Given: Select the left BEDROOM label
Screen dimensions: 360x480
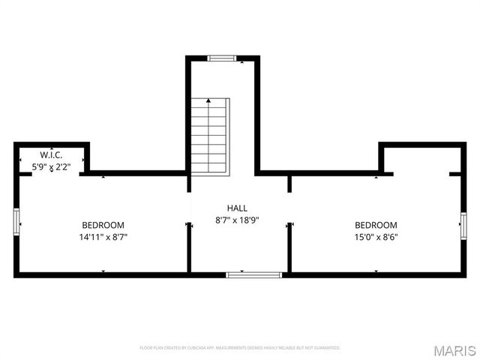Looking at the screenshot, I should click(103, 225).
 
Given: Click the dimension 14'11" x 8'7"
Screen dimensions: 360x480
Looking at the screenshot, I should click(103, 237).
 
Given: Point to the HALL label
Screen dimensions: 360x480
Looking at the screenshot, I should click(237, 208).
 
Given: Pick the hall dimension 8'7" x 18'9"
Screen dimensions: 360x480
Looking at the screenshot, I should click(237, 220).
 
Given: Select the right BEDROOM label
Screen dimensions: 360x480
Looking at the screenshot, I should click(376, 225).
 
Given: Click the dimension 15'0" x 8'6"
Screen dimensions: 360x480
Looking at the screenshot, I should click(376, 237).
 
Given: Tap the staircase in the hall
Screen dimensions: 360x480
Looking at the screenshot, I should click(209, 135).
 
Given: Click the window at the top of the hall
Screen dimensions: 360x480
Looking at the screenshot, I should click(222, 58).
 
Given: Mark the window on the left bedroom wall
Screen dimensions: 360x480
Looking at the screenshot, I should click(16, 223).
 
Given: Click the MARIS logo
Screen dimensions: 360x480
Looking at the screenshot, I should click(454, 349).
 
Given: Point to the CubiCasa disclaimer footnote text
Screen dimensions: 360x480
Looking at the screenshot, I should click(240, 348).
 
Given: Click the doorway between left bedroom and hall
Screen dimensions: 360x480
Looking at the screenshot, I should click(188, 223).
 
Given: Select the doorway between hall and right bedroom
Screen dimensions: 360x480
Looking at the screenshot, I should click(289, 202).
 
